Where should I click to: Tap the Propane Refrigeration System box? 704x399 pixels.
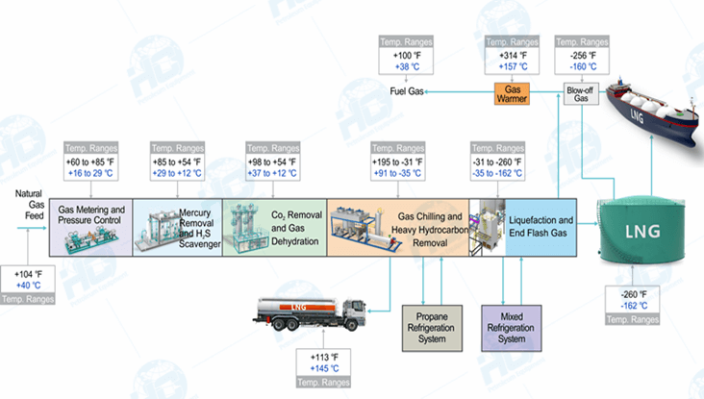pyautogui.click(x=430, y=326)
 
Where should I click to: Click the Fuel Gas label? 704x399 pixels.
pyautogui.click(x=407, y=92)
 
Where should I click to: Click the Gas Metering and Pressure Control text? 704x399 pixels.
pyautogui.click(x=92, y=214)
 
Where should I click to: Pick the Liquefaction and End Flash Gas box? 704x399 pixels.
pyautogui.click(x=541, y=227)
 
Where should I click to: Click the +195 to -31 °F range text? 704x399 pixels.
pyautogui.click(x=396, y=162)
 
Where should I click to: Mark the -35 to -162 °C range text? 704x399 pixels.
pyautogui.click(x=497, y=175)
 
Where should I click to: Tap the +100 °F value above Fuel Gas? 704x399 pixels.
pyautogui.click(x=407, y=56)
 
